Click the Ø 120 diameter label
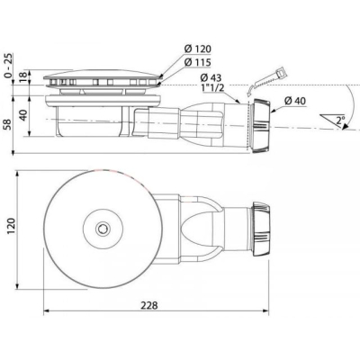coord(198,49)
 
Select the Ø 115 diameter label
coord(198,62)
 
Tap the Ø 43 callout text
coord(211,77)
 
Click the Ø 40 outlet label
coord(295,101)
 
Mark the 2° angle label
coord(340,121)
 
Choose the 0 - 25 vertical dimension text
coord(10,66)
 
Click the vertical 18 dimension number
coord(24,77)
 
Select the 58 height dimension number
coord(8,124)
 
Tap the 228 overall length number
coord(149,305)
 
